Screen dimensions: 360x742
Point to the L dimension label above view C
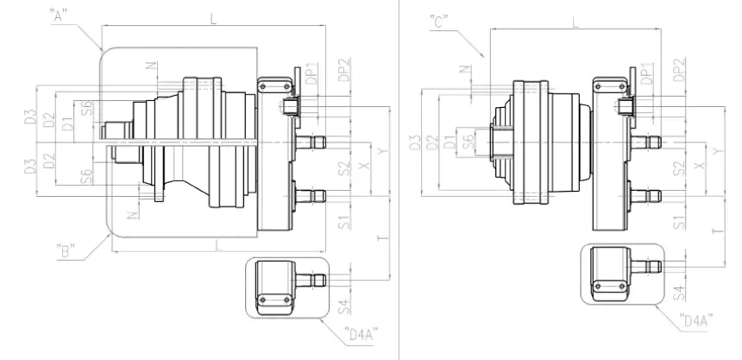coord(575,22)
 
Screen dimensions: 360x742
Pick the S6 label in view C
coord(467,142)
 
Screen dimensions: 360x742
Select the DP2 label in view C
coord(679,70)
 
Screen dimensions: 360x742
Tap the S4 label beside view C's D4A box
coord(679,290)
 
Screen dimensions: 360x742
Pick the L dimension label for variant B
coord(217,246)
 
